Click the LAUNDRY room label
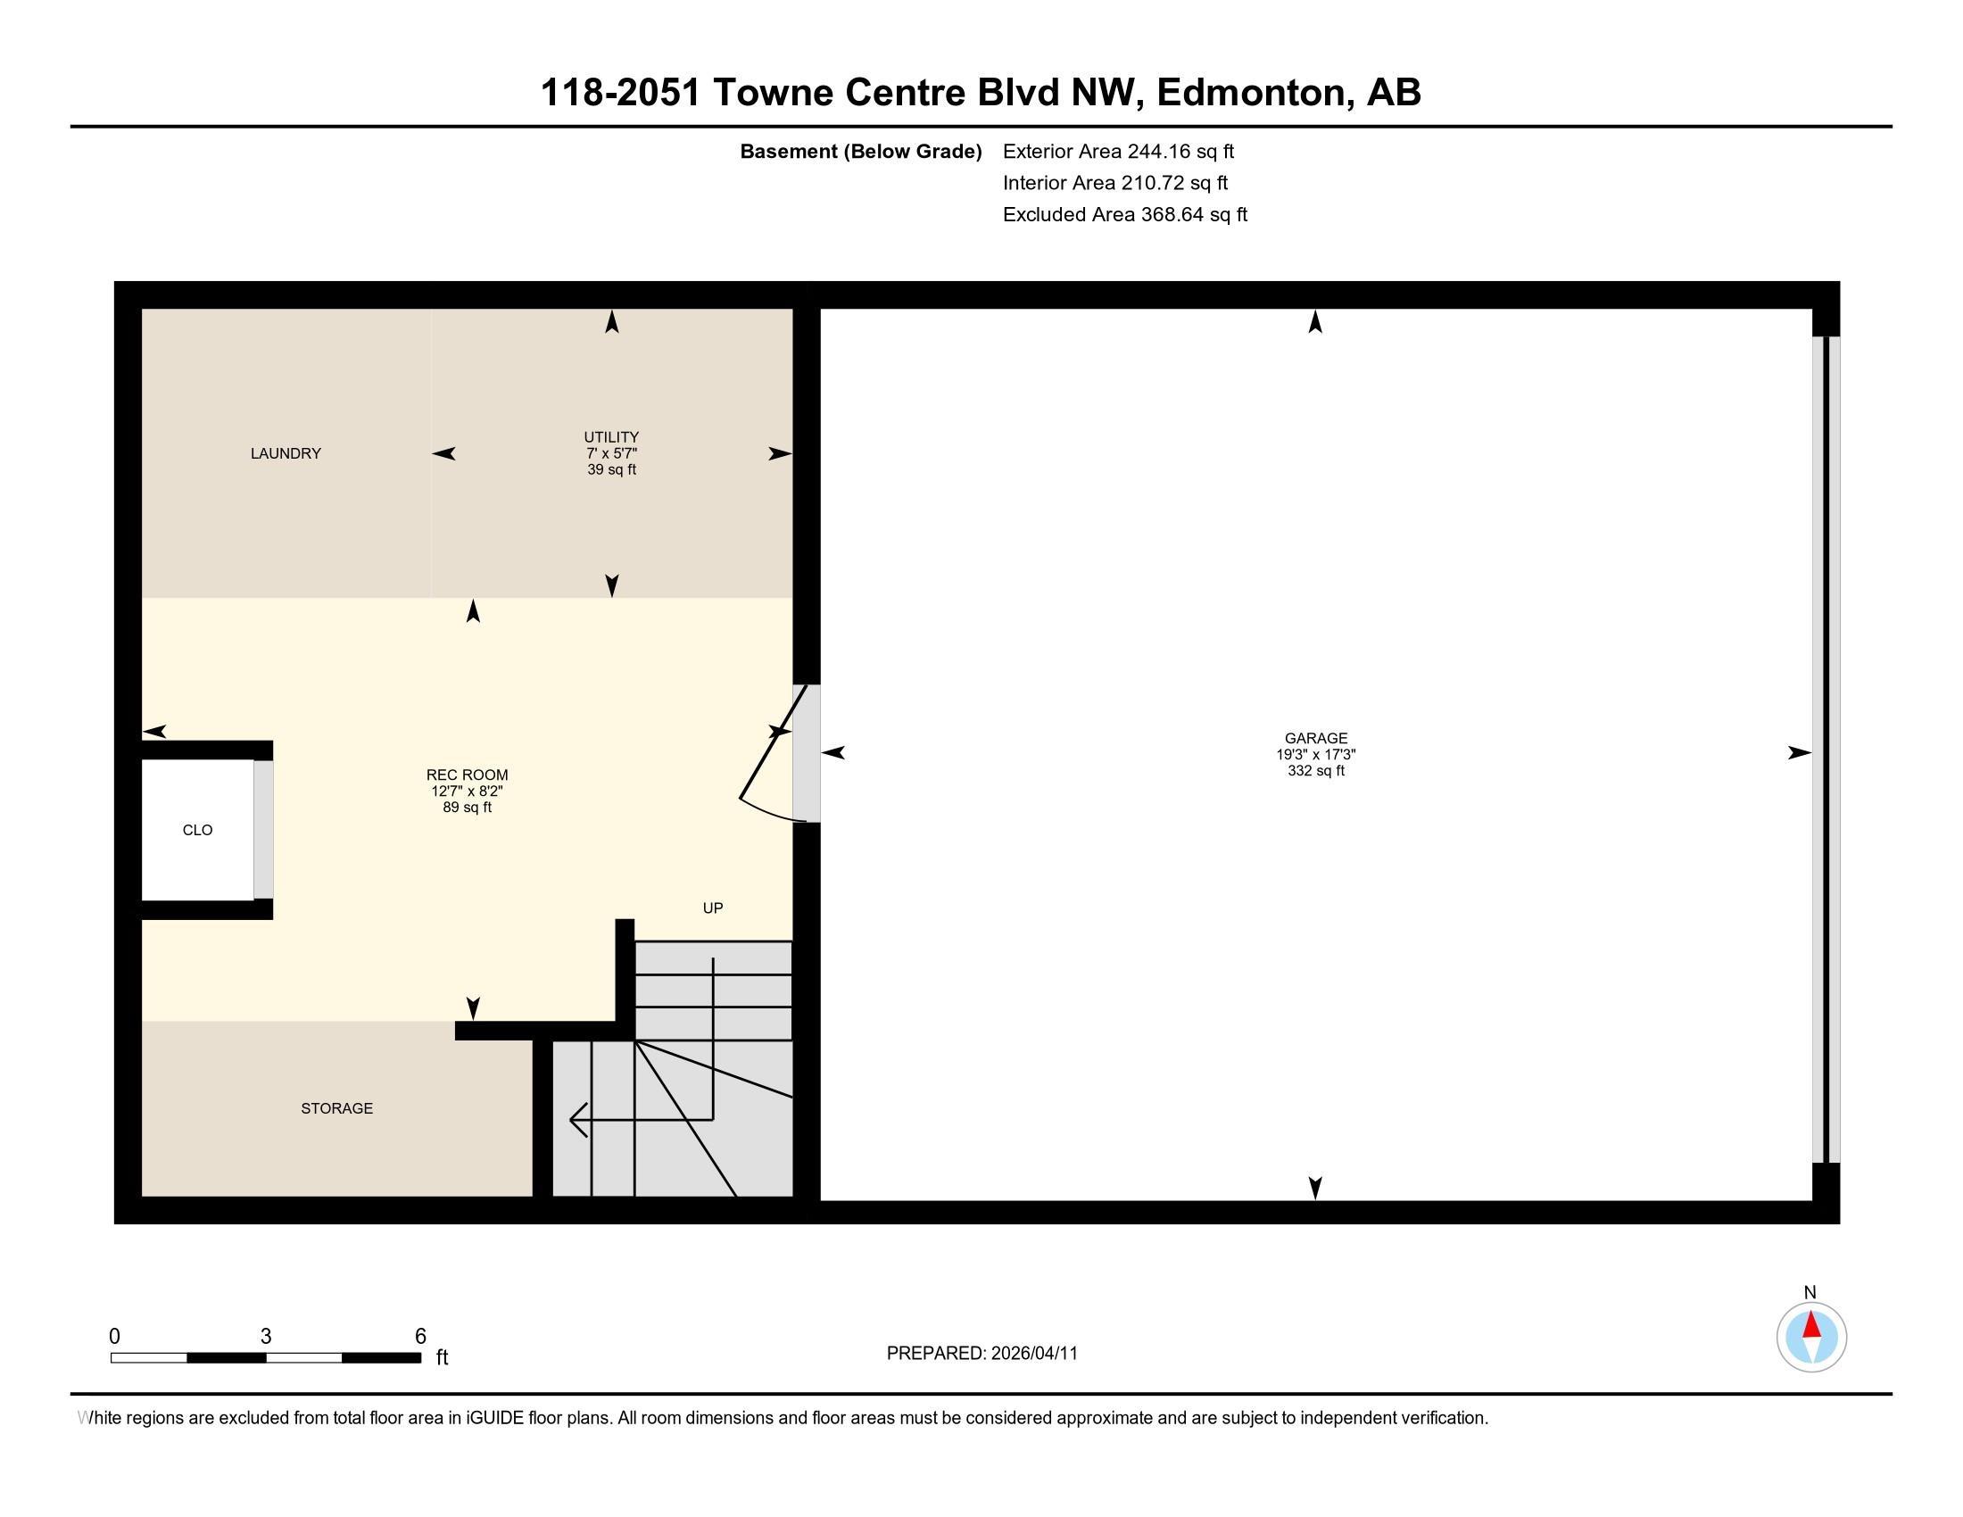tap(286, 454)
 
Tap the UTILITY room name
tap(611, 437)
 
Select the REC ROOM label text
tap(467, 775)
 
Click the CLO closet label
tap(198, 831)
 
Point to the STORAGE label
tap(337, 1109)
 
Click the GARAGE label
tap(1316, 739)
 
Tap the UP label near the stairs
tap(713, 908)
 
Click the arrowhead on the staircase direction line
tap(577, 1120)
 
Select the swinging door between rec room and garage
tap(771, 753)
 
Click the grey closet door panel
tap(263, 830)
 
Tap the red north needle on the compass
tap(1812, 1325)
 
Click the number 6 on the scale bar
tap(419, 1337)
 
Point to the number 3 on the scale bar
tap(266, 1337)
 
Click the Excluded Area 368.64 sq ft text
tap(1124, 215)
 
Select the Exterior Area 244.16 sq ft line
tap(1118, 152)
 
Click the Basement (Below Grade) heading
tap(860, 152)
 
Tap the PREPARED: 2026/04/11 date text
tap(981, 1354)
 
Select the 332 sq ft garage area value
tap(1316, 771)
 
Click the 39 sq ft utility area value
tap(611, 470)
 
